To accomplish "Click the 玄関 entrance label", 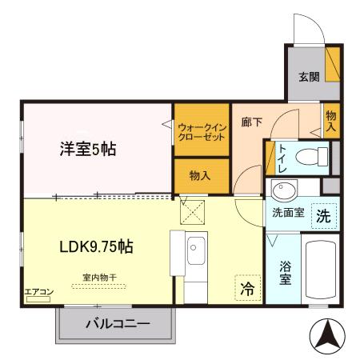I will (310, 78).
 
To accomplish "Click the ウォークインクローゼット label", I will (201, 131).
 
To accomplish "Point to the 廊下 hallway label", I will (250, 124).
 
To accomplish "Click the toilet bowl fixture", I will (314, 155).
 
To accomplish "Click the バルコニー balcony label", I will (118, 325).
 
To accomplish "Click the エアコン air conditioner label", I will (37, 292).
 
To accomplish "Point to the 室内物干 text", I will (98, 278).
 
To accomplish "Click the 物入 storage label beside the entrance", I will (331, 121).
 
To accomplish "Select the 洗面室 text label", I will (286, 214).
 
